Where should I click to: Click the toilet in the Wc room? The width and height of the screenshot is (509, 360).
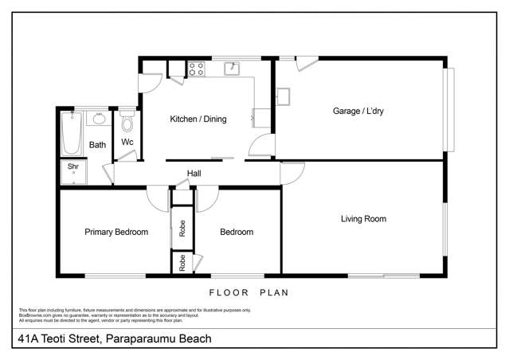click(127, 123)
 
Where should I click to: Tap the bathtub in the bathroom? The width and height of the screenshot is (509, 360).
click(71, 133)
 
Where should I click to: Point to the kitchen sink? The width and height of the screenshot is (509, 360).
click(233, 68)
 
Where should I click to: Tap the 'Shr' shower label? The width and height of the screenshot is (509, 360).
click(72, 166)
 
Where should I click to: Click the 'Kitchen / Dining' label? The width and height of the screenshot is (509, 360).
click(198, 119)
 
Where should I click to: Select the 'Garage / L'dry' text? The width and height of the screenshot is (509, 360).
click(358, 112)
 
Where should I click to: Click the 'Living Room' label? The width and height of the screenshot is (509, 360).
click(363, 218)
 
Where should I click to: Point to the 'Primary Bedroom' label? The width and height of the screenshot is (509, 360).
click(116, 233)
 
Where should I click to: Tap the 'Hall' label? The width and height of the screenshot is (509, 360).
click(194, 174)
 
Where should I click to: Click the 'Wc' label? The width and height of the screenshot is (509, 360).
click(127, 143)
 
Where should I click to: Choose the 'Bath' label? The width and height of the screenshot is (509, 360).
click(97, 145)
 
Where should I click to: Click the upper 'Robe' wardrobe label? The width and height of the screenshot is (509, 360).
click(182, 229)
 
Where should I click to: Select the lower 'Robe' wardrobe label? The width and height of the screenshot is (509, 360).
click(182, 264)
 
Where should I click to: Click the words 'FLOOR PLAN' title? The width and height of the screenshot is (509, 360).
click(255, 292)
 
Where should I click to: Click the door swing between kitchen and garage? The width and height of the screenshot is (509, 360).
click(259, 146)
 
